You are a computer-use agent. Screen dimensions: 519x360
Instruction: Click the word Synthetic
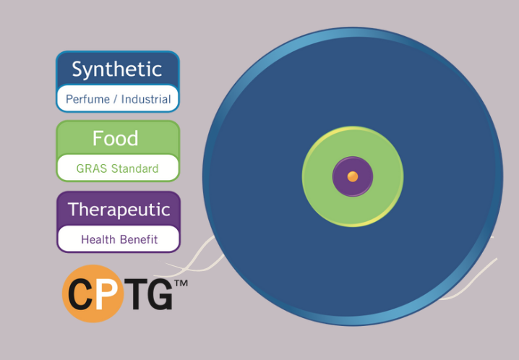(117, 69)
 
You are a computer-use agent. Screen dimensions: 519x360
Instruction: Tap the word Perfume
(87, 99)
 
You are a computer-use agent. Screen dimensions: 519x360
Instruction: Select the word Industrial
(146, 99)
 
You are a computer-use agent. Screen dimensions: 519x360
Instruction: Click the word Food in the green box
(115, 138)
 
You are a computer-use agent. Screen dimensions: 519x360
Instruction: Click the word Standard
(134, 168)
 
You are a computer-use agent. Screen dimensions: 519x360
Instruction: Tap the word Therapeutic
(119, 210)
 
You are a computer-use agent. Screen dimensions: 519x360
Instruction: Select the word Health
(98, 239)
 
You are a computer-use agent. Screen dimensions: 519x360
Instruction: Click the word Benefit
(139, 239)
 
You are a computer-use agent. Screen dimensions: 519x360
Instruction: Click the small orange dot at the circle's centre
(353, 176)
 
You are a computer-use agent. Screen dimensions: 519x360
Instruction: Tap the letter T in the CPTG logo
(134, 293)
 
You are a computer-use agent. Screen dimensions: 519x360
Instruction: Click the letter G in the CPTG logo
(160, 293)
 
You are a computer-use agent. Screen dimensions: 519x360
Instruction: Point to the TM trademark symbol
(181, 283)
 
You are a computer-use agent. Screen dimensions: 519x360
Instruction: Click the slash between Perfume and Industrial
(115, 99)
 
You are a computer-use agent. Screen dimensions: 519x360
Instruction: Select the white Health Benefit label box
(119, 239)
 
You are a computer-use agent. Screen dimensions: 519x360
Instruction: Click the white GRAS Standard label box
(118, 168)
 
